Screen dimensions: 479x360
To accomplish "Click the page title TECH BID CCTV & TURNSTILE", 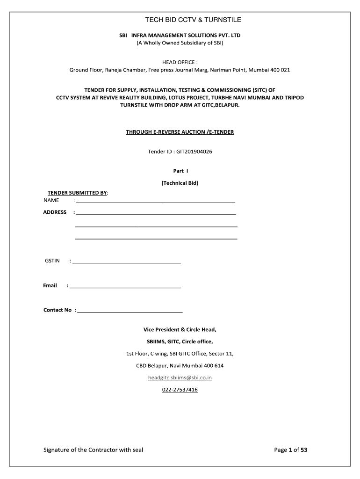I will [180, 20].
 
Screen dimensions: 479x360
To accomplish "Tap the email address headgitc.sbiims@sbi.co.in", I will [180, 377].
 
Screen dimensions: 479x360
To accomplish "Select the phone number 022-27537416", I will [180, 390].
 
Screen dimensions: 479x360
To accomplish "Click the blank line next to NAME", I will [155, 202].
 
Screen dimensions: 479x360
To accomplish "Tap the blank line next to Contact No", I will [130, 311].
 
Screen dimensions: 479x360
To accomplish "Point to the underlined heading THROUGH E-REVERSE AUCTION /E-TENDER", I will [180, 132].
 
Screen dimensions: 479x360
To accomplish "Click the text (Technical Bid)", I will [180, 183].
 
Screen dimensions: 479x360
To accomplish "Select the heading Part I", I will [180, 171].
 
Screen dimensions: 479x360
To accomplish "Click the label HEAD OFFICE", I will [180, 62].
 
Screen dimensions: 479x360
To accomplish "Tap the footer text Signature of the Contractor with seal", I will [94, 450].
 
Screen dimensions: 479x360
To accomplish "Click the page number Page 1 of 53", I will [291, 450].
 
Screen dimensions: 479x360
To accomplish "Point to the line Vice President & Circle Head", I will [180, 329].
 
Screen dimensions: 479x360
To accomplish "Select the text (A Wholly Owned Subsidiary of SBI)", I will [180, 43].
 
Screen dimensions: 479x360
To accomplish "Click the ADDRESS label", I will [55, 212].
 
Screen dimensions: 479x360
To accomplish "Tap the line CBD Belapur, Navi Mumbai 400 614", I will [180, 365].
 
